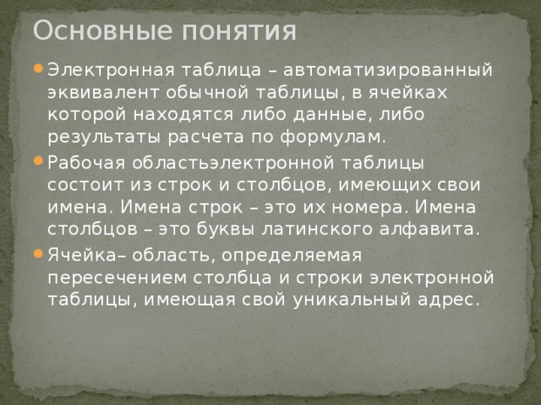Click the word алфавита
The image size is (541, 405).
click(x=434, y=229)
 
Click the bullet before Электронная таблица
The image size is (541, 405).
click(x=38, y=69)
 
